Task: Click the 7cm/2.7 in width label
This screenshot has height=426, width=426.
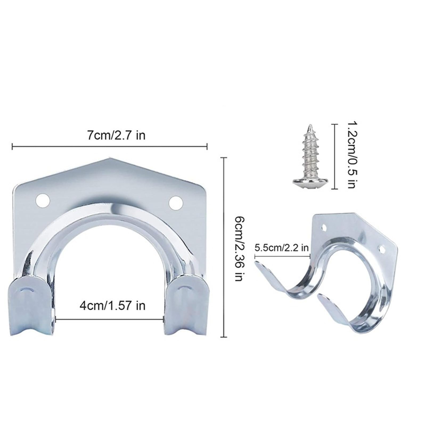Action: click(116, 136)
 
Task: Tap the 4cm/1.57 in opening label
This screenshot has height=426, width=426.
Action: click(112, 305)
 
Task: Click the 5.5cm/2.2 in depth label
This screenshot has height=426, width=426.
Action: click(281, 248)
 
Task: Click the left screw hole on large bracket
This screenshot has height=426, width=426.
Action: click(43, 201)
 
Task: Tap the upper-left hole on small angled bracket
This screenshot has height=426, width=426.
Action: click(324, 227)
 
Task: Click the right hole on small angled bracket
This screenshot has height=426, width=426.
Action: click(382, 249)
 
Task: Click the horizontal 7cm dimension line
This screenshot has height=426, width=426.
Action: click(109, 146)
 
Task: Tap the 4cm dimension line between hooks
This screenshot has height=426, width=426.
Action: click(109, 319)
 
